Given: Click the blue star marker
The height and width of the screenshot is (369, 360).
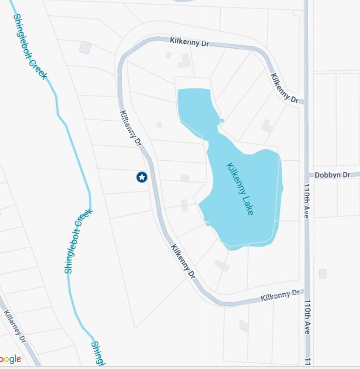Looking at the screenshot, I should click(x=142, y=177).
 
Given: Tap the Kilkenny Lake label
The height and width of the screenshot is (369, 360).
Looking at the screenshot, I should click(x=240, y=189).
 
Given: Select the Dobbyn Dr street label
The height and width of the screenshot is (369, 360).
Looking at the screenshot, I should click(x=332, y=174).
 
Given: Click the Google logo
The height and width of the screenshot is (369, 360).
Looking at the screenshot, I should click(x=10, y=360).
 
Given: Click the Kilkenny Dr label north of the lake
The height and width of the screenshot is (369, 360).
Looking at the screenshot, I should click(x=190, y=42).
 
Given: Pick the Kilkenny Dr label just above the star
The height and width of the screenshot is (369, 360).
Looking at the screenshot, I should click(x=130, y=129).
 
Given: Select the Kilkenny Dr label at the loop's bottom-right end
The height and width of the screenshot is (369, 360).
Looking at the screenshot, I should click(x=280, y=295).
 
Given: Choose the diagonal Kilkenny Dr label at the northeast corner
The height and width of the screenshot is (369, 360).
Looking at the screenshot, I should click(x=284, y=88).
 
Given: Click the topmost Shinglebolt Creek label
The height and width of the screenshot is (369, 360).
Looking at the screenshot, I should click(x=30, y=46).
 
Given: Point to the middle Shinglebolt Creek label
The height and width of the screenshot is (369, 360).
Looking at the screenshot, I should click(x=78, y=241).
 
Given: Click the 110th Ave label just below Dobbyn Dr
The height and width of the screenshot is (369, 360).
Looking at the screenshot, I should click(x=307, y=200).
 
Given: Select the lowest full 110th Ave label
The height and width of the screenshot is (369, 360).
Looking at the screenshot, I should click(x=307, y=317).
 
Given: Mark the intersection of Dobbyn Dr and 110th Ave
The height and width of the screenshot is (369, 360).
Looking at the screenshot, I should click(x=307, y=175).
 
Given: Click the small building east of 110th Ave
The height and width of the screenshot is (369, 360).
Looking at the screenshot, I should click(x=322, y=274).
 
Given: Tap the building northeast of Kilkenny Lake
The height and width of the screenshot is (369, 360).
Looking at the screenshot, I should click(x=267, y=126).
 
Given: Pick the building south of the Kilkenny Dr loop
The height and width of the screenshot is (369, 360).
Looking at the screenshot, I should click(x=244, y=326).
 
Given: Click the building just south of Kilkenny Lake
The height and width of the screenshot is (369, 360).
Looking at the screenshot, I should click(x=222, y=265).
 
